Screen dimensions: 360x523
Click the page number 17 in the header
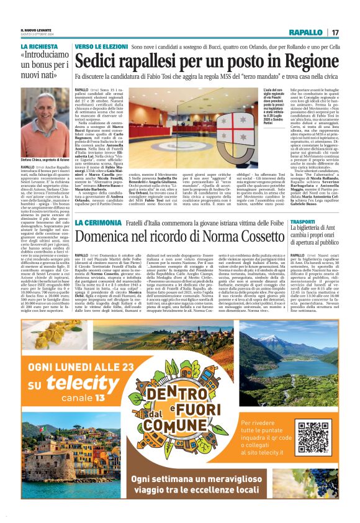click(x=335, y=32)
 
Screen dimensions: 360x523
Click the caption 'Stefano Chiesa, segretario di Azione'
click(x=45, y=160)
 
